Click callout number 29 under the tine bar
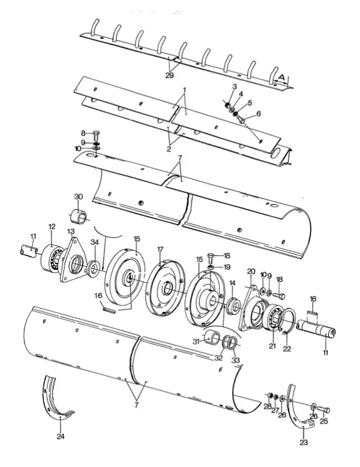(x=169, y=75)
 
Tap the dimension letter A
(x=282, y=77)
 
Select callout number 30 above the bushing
(x=78, y=197)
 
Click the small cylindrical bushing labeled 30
(x=78, y=216)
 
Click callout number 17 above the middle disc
(x=161, y=249)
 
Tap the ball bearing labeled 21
(x=272, y=317)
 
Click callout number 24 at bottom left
(x=61, y=436)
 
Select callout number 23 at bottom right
(x=304, y=443)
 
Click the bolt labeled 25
(x=324, y=410)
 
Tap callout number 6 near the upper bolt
(x=258, y=114)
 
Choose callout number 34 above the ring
(x=95, y=242)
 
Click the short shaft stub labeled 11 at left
(x=29, y=252)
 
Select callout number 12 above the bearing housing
(x=52, y=227)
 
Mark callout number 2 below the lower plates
(x=169, y=149)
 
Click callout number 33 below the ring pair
(x=235, y=360)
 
